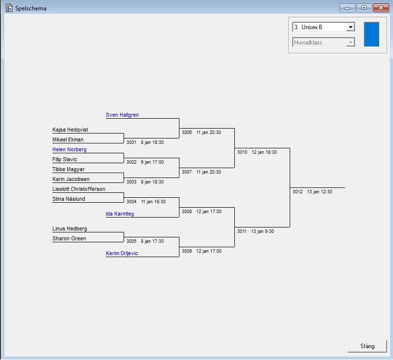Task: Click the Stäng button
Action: point(367,346)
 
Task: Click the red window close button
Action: point(380,8)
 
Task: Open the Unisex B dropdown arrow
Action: point(350,27)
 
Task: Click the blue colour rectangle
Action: point(371,34)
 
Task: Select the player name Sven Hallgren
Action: point(122,115)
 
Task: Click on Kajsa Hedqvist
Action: point(70,130)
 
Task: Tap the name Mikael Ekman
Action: point(68,139)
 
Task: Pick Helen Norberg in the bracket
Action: point(69,149)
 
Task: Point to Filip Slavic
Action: point(65,159)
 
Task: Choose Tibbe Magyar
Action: point(68,169)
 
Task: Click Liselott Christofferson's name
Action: point(79,189)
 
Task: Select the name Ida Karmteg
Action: point(120,214)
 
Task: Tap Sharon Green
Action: point(69,238)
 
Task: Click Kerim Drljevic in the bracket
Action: point(122,253)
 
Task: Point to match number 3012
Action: point(297,192)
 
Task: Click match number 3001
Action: point(131,142)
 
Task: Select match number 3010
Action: point(242,152)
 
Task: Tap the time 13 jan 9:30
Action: point(262,231)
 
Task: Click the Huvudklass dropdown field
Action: point(323,43)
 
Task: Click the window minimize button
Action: point(348,8)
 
